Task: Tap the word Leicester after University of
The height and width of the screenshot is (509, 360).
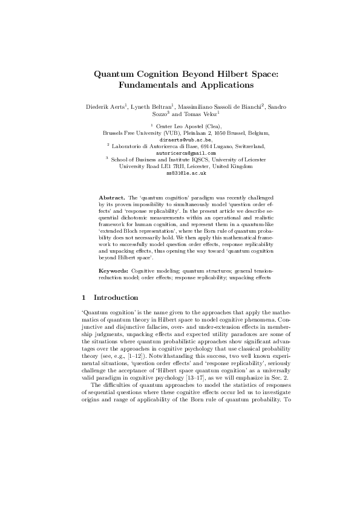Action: pyautogui.click(x=254, y=159)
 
